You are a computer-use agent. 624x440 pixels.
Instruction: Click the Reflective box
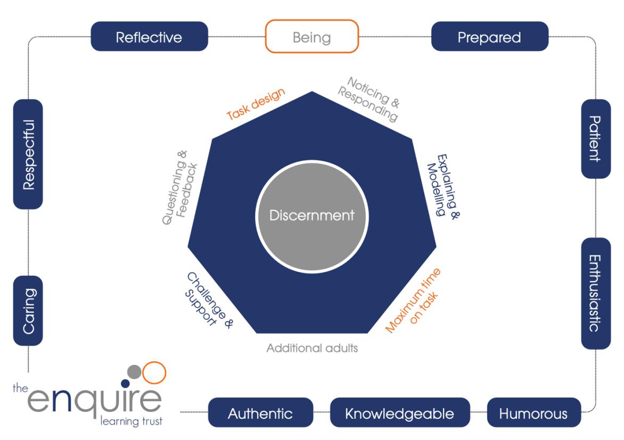(149, 37)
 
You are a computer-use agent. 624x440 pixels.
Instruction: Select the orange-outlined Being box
(311, 37)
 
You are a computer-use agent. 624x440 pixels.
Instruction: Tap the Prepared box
(489, 37)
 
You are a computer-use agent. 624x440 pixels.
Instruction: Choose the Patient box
(595, 139)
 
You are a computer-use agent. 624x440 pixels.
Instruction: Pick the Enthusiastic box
(595, 293)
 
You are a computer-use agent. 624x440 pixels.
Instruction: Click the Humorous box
(533, 413)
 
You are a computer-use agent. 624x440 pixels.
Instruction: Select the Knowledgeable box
(400, 413)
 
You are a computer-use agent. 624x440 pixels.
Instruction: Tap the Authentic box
(260, 413)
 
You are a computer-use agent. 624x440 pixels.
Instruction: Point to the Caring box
(28, 311)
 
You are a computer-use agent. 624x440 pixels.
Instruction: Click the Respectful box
(28, 154)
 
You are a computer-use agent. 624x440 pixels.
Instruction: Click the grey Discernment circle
(311, 215)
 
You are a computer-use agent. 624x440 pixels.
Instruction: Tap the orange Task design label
(256, 104)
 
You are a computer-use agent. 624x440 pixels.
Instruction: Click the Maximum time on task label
(415, 301)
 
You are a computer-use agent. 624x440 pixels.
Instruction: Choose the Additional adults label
(312, 348)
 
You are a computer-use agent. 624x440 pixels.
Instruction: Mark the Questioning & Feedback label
(179, 186)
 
